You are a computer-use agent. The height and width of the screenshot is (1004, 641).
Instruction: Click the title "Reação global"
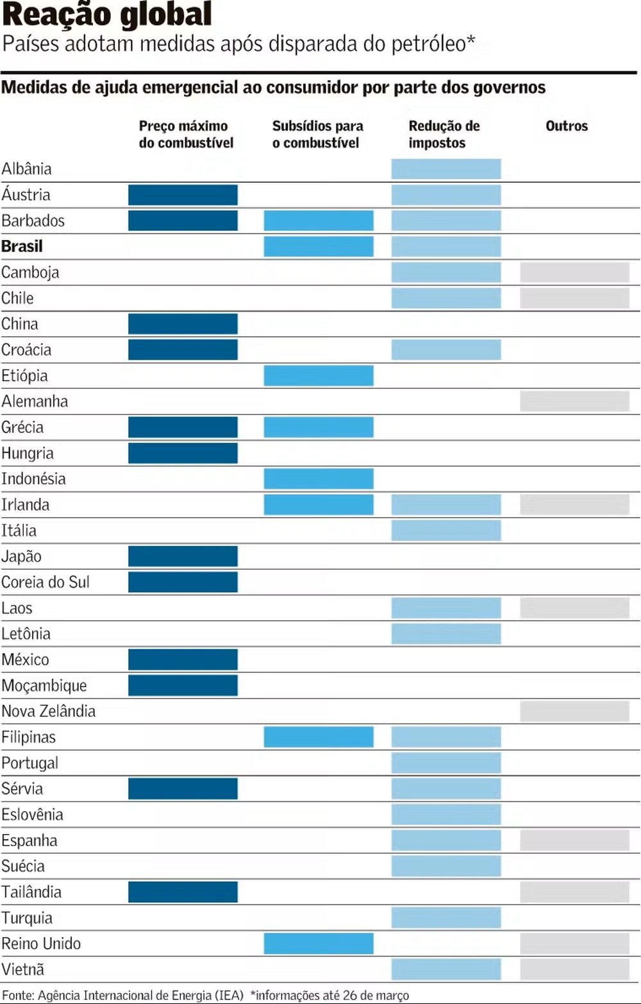[x=107, y=15]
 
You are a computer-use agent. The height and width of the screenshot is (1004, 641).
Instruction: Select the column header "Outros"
[x=567, y=126]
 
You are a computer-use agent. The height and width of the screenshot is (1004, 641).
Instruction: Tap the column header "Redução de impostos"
[x=444, y=134]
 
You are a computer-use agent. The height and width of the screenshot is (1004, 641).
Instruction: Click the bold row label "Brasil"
[x=22, y=246]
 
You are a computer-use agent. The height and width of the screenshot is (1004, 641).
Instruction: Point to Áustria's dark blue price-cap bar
[x=183, y=195]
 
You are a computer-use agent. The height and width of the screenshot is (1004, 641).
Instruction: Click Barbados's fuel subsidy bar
[x=319, y=221]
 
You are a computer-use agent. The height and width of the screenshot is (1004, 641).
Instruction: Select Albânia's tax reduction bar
[x=446, y=169]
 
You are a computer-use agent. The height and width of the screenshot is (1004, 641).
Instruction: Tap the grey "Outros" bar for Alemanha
[x=574, y=402]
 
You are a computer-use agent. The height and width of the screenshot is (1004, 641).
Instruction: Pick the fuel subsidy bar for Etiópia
[x=319, y=376]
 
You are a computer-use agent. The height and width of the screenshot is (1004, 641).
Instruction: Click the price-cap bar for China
[x=183, y=324]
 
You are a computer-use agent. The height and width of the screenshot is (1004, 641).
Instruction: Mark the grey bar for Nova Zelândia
[x=574, y=711]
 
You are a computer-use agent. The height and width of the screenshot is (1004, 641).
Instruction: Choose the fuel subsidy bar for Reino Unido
[x=319, y=944]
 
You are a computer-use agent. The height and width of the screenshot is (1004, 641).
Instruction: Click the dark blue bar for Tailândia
[x=183, y=892]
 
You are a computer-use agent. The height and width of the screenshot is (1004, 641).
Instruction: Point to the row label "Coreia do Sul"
[x=46, y=583]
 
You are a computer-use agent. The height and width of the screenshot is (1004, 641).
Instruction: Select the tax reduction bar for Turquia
[x=446, y=918]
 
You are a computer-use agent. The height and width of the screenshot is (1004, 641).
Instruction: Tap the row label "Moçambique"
[x=44, y=686]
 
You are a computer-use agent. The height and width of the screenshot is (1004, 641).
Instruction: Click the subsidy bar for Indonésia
[x=319, y=479]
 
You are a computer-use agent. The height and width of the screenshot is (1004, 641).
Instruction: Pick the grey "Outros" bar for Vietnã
[x=574, y=969]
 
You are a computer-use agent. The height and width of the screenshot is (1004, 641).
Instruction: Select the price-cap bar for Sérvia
[x=183, y=788]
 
